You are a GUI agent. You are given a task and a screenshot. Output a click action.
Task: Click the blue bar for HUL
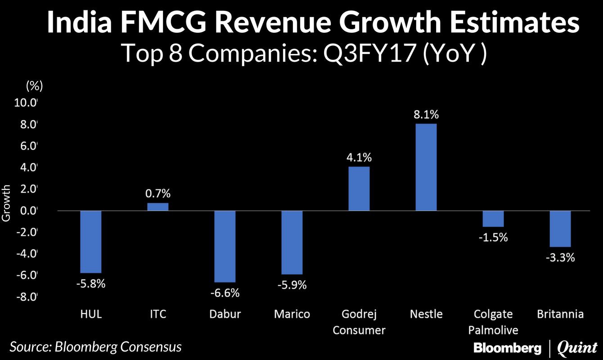[x=90, y=242]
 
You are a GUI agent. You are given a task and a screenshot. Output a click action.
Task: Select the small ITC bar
[x=157, y=207]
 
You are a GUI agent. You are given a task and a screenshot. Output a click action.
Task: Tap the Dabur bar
[x=225, y=246]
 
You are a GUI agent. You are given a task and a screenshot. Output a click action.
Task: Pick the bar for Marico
[x=292, y=242]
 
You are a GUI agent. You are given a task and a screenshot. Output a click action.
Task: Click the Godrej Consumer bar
[x=359, y=189]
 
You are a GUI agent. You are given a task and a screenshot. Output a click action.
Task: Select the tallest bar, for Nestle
[x=426, y=167]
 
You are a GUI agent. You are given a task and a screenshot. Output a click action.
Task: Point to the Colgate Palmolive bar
[x=493, y=219]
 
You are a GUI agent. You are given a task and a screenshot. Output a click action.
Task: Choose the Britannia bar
[x=560, y=229]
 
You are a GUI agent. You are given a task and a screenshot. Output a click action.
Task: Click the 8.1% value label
[x=426, y=114]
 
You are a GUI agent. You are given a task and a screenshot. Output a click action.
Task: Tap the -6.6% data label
[x=225, y=293]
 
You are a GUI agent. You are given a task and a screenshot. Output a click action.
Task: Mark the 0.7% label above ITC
[x=157, y=194]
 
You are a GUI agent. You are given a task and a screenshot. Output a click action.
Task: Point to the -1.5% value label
[x=493, y=237]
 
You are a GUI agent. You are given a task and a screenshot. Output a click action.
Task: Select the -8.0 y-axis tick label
[x=26, y=297]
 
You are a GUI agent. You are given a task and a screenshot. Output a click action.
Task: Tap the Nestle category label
[x=426, y=314]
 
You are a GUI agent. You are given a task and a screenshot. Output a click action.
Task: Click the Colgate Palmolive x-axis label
[x=493, y=322]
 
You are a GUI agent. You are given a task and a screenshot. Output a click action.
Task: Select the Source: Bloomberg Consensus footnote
[x=96, y=347]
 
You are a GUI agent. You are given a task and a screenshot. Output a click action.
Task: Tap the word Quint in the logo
[x=576, y=347]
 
